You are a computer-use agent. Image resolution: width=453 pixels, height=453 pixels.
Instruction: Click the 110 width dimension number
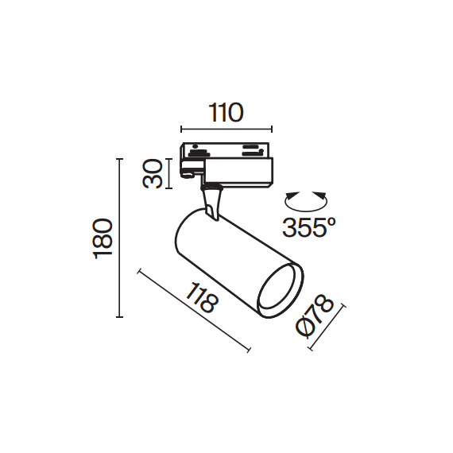[x=226, y=114]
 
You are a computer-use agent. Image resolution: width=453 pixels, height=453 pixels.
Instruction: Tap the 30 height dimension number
[x=155, y=174]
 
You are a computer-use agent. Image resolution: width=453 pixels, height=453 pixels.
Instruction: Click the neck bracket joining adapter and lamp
[x=212, y=199]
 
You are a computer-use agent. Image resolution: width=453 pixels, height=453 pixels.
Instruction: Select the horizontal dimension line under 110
[x=226, y=129]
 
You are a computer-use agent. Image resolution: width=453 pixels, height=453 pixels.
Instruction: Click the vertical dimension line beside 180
[x=120, y=238]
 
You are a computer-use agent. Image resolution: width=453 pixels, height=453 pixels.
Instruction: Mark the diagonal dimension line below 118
[x=195, y=311]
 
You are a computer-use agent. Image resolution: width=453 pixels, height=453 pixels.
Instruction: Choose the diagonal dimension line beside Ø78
[x=327, y=326]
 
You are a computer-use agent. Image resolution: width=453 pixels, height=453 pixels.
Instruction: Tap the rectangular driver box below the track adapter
[x=238, y=171]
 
